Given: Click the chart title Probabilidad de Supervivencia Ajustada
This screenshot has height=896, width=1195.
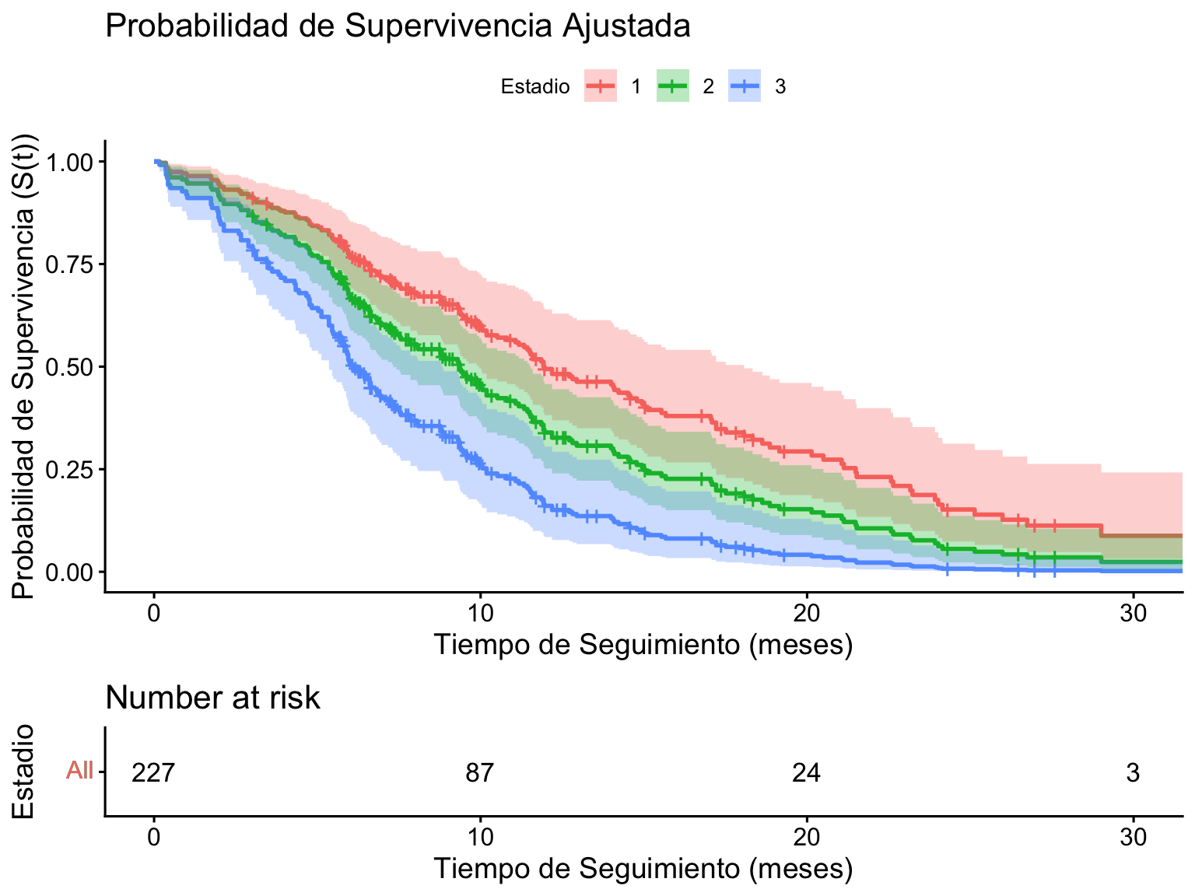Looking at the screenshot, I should click(398, 26).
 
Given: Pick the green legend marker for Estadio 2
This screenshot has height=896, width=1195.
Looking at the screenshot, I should click(673, 86).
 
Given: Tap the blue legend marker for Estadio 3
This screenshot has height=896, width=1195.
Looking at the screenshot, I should click(745, 86).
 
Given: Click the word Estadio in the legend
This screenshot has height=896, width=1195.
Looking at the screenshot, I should click(535, 86).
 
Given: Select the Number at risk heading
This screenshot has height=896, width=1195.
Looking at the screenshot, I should click(212, 698).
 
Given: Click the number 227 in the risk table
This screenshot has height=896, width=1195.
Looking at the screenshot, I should click(154, 773).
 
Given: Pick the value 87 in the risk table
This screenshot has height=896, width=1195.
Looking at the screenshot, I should click(480, 773).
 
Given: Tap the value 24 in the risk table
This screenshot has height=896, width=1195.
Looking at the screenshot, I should click(807, 773).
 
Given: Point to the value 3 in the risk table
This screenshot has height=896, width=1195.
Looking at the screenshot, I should click(1133, 773).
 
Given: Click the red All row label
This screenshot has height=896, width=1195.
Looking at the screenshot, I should click(79, 772).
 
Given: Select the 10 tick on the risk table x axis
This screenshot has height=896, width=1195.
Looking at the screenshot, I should click(480, 838).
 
